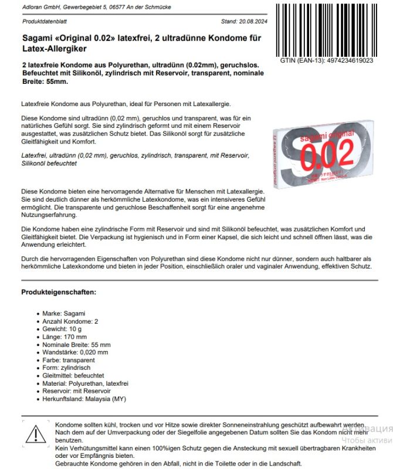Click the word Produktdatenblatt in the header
pos(42,21)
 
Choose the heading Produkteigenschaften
pos(59,291)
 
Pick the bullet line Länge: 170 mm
pos(65,337)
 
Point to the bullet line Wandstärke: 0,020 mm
pos(75,352)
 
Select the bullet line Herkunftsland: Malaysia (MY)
pos(84,399)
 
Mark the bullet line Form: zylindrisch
pos(67,368)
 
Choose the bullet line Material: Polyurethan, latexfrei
pos(85,383)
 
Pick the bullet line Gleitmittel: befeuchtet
pos(73,375)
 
